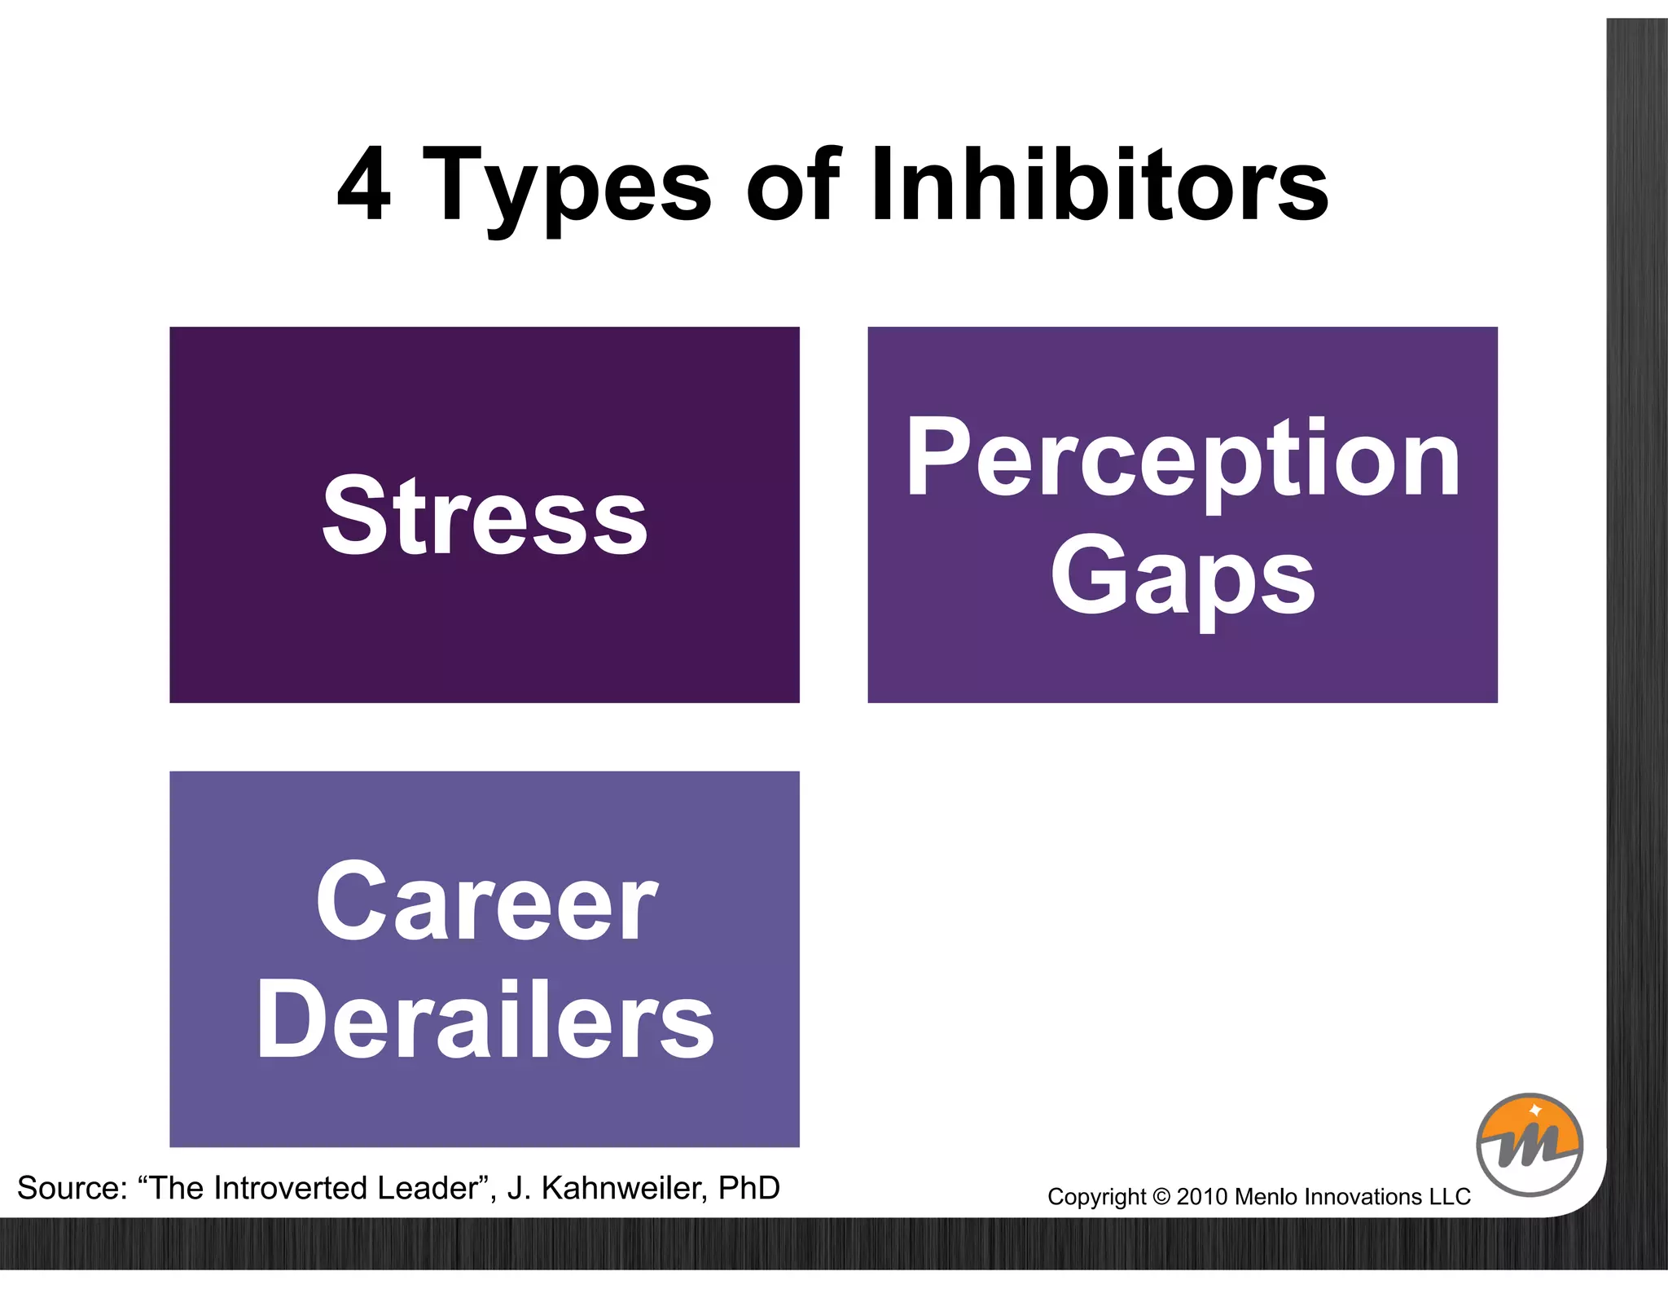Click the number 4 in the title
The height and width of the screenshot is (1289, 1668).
[364, 186]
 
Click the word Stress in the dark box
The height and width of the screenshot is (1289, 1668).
[485, 515]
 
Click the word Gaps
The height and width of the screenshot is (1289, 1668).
[1183, 577]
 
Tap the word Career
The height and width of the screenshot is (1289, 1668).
[486, 902]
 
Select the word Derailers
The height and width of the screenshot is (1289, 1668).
[485, 1019]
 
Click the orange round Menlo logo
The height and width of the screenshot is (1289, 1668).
[1530, 1145]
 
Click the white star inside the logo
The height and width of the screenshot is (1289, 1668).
[1536, 1110]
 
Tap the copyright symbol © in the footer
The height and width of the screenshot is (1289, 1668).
[1161, 1197]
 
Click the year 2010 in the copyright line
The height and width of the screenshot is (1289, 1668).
[1202, 1197]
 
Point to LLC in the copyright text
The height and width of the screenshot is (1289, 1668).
[1450, 1197]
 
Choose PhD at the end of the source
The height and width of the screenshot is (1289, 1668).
[748, 1188]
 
